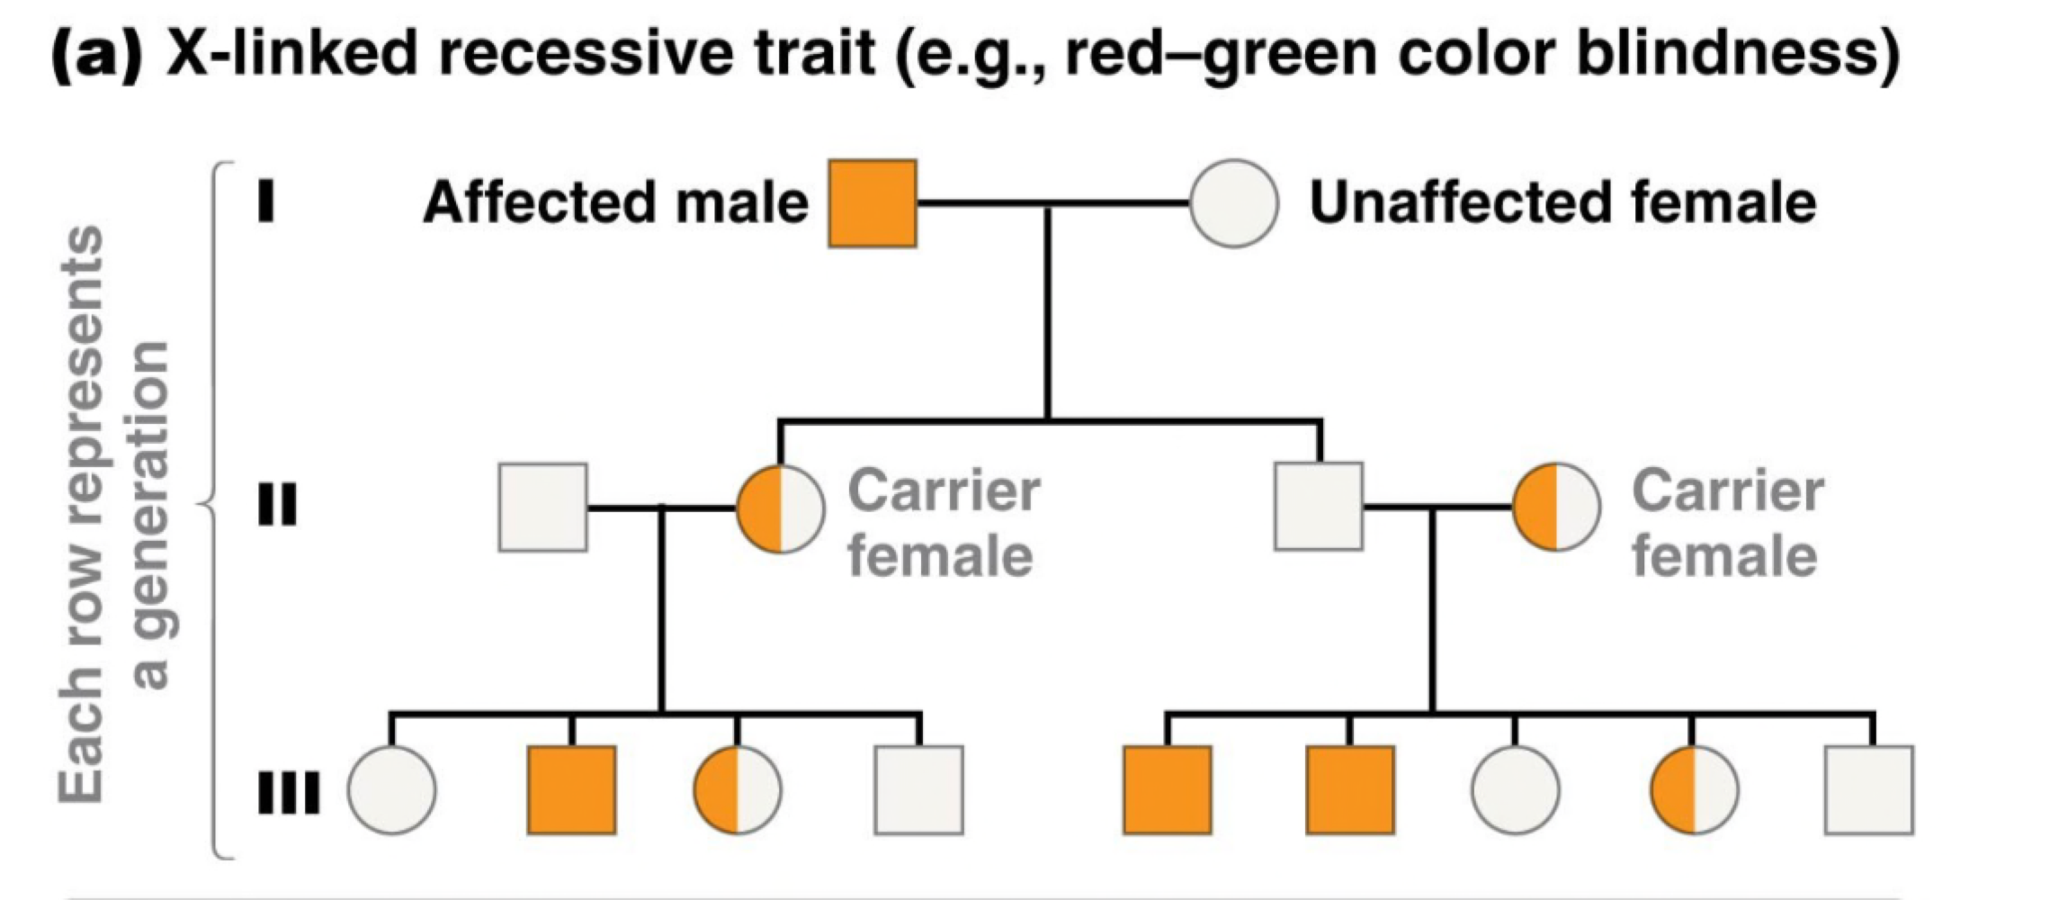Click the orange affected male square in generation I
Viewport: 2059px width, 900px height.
872,203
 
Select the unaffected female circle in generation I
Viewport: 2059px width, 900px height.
1233,203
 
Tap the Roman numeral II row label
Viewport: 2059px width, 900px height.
276,506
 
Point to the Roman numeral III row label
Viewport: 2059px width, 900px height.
288,793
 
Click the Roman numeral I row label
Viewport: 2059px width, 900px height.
265,202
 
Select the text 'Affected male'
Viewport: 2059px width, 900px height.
615,202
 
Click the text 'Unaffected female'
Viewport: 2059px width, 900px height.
1562,202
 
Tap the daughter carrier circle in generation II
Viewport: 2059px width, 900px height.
780,508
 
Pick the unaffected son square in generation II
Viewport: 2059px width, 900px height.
1319,506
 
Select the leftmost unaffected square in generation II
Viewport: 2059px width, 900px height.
542,508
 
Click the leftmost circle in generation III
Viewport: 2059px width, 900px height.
391,790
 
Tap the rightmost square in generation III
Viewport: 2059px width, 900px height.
1869,790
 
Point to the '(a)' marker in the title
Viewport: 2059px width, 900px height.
96,52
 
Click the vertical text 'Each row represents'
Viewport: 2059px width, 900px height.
81,513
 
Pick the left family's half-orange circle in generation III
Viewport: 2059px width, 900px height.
737,790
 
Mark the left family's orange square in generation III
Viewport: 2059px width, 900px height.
571,790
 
